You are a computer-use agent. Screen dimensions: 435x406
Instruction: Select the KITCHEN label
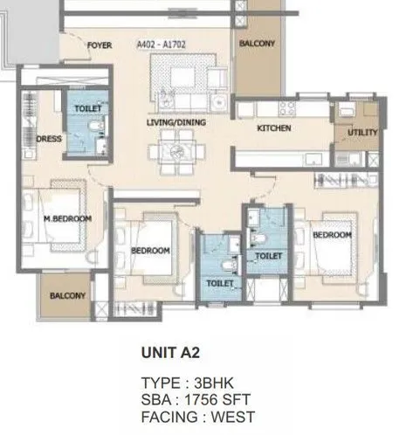273,128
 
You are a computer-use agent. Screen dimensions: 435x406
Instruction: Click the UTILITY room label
362,133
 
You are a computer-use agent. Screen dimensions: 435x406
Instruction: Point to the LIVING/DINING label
175,123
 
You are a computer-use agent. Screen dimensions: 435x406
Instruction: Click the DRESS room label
47,137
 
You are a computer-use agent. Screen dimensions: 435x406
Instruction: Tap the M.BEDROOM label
67,219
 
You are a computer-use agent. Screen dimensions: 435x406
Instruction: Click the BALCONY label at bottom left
67,296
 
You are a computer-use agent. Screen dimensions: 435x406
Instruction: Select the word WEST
232,417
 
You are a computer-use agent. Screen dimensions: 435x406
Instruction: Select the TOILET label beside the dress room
89,107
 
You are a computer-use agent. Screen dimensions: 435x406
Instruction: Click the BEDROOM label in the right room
332,236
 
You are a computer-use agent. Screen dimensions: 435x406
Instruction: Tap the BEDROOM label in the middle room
149,251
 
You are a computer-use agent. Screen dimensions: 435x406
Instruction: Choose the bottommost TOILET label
220,284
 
